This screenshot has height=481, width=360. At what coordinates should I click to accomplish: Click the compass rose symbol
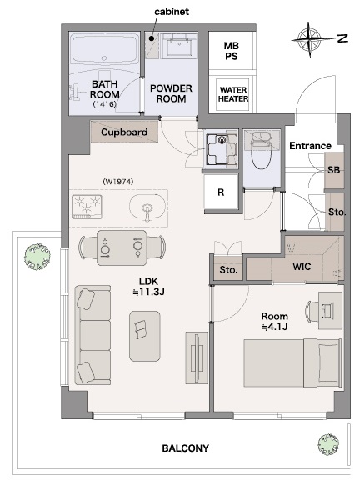pos(310,39)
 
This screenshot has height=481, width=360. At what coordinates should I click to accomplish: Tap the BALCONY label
pos(185,448)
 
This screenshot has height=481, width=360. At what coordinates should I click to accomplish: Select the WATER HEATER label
pos(233,94)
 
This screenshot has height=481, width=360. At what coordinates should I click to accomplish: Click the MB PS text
pos(231,51)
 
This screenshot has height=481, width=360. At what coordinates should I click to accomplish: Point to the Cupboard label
pos(124,133)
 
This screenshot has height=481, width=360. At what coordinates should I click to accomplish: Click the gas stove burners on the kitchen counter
pos(87,207)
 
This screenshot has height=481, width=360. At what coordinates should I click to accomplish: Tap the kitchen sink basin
pos(147,208)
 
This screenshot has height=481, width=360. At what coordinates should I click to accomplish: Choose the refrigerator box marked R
pos(221,193)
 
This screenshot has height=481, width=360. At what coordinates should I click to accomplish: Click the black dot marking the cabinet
pos(151,38)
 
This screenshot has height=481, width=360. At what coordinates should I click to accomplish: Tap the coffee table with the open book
pos(144,336)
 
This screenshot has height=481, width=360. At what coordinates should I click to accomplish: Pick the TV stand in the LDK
pos(197,358)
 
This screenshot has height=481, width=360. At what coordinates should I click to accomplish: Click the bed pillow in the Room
pos(328,363)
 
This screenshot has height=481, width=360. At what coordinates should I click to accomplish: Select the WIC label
pos(302,267)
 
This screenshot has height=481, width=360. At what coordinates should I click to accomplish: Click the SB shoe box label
pos(333,170)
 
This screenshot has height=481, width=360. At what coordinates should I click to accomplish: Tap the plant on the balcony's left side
pos(37,257)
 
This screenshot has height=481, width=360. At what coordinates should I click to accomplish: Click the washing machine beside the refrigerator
pos(221,149)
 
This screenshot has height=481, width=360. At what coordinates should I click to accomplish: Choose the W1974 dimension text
pos(118,182)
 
